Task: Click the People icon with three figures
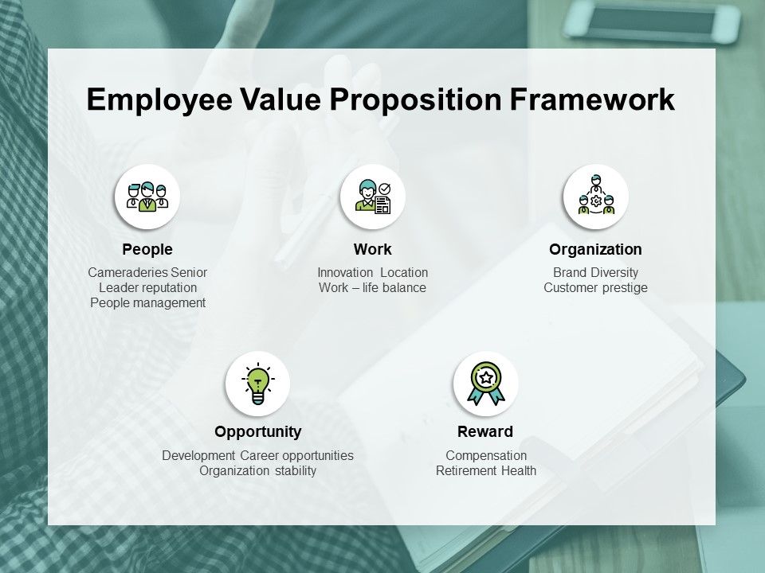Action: [x=147, y=197]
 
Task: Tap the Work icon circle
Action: [x=372, y=197]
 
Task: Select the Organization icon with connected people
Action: [x=595, y=197]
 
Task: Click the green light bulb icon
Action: [x=257, y=384]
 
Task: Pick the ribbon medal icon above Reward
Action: [x=485, y=384]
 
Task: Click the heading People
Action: [x=147, y=250]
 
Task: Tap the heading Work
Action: [x=372, y=250]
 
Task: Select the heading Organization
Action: [x=595, y=250]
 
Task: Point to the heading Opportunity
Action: [x=257, y=432]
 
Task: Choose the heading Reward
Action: [x=485, y=432]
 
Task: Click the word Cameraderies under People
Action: [x=127, y=273]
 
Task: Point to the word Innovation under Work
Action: [x=346, y=273]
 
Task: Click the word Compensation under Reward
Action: [x=486, y=456]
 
